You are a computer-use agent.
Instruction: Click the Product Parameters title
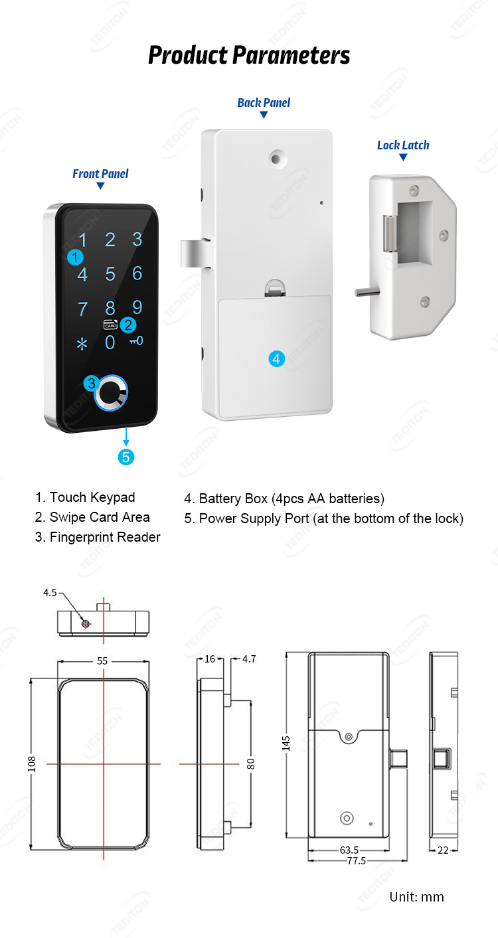click(249, 55)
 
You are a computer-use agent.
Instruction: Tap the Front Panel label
click(100, 174)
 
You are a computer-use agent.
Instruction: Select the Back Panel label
click(264, 103)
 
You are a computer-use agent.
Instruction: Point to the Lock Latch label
click(403, 145)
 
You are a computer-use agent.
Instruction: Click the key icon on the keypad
click(137, 341)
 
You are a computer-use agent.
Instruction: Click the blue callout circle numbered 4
click(276, 359)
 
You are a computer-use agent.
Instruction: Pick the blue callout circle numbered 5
click(125, 457)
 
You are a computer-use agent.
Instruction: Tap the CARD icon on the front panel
click(110, 325)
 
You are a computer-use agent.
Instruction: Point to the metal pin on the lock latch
click(367, 292)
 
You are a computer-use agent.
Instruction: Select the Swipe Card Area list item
click(92, 517)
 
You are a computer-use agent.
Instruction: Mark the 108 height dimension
click(32, 764)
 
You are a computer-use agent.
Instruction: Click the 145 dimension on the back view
click(286, 743)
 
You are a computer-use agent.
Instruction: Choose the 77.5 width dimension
click(357, 861)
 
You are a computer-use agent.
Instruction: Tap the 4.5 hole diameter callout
click(50, 593)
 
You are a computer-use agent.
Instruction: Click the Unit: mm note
click(417, 897)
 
